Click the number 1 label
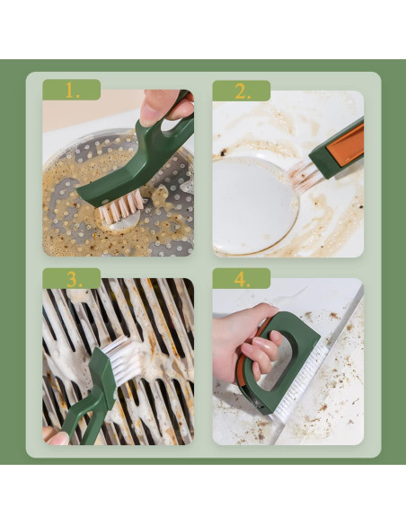[72, 92]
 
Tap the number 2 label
[242, 92]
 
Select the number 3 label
[72, 279]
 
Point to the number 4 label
[241, 279]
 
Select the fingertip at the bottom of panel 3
[56, 437]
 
